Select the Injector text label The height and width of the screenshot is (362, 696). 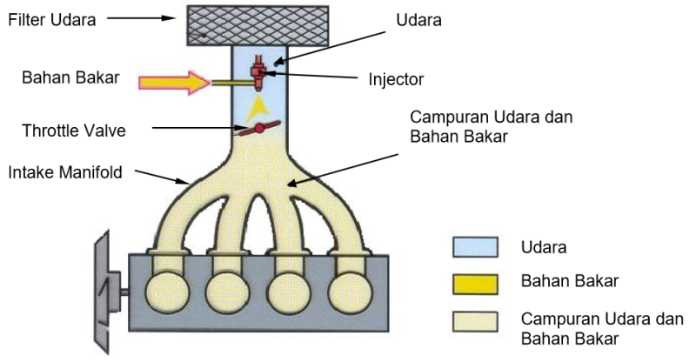396,79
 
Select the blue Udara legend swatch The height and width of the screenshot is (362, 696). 475,248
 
